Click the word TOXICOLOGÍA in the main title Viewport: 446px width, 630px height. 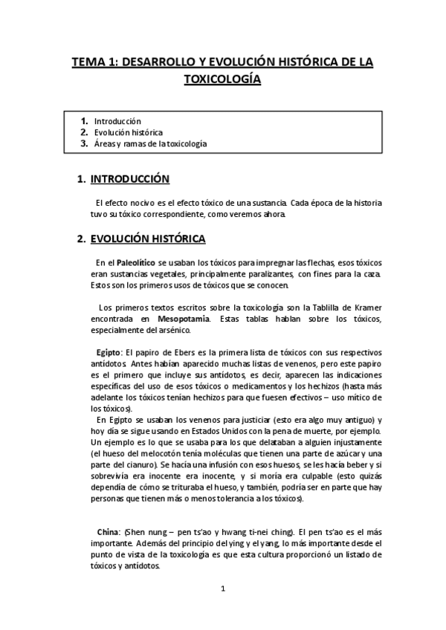222,80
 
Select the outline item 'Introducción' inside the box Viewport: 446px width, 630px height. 117,121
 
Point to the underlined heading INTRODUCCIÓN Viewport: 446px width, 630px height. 129,179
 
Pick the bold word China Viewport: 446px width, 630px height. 109,532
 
